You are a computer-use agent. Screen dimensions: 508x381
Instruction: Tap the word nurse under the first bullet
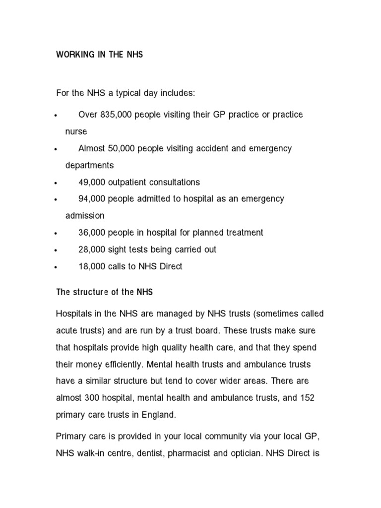pyautogui.click(x=76, y=131)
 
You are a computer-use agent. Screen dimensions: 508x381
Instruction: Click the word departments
pyautogui.click(x=90, y=165)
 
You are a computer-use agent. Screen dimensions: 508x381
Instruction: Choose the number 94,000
pyautogui.click(x=92, y=199)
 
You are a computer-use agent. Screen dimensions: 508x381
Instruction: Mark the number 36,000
pyautogui.click(x=92, y=233)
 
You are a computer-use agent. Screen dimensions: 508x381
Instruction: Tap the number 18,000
pyautogui.click(x=92, y=266)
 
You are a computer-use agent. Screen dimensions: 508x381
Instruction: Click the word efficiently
pyautogui.click(x=120, y=365)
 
